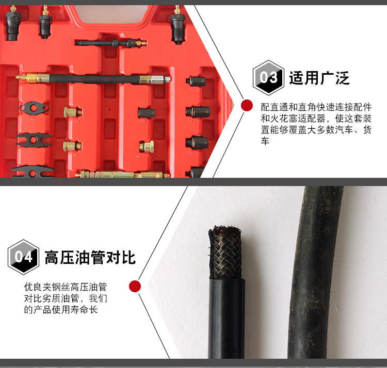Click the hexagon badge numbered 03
[x=268, y=77]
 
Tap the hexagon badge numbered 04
[x=23, y=257]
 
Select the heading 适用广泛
[x=319, y=78]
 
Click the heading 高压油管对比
[x=90, y=257]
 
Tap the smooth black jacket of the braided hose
[x=225, y=320]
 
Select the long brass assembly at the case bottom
[x=124, y=174]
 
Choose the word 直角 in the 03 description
[x=304, y=107]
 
